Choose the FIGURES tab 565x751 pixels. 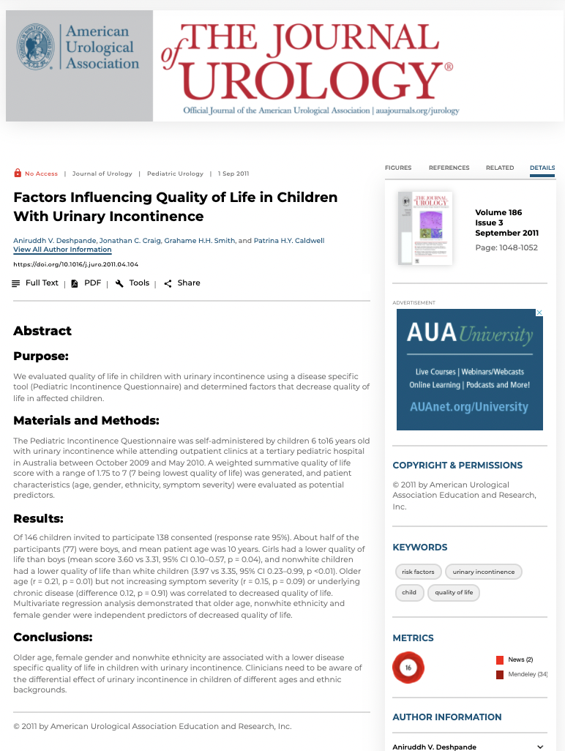[398, 168]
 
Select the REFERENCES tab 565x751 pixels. [449, 168]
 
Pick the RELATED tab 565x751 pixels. [500, 168]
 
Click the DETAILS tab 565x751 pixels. [542, 168]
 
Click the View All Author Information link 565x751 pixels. [62, 250]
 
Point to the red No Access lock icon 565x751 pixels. [18, 173]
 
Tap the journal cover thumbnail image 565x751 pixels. [424, 228]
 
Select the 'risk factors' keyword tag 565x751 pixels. [418, 572]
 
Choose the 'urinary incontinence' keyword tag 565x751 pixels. [484, 572]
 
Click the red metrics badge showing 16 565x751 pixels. [408, 668]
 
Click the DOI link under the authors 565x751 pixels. [75, 264]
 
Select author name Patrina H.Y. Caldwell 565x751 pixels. [289, 241]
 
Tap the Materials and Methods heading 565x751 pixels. [86, 421]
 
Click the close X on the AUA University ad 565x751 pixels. [539, 313]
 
